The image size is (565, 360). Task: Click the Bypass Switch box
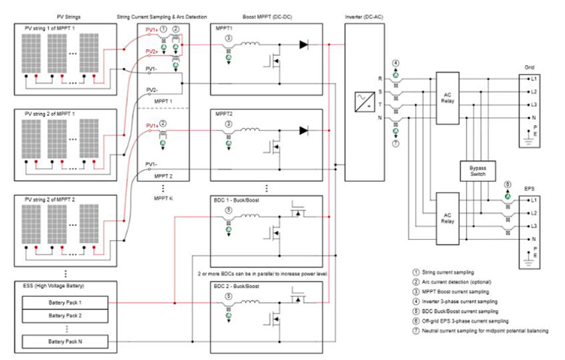pos(475,171)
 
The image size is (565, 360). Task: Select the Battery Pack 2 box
pos(65,316)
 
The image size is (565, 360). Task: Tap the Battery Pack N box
pos(65,340)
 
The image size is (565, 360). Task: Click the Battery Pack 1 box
pos(65,301)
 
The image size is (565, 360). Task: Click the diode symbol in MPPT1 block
pos(303,45)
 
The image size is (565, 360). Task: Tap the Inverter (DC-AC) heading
pos(370,15)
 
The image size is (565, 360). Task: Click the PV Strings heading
pos(64,15)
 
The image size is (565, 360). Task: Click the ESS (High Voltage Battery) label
pos(52,288)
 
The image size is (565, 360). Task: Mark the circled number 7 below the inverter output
pos(395,144)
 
